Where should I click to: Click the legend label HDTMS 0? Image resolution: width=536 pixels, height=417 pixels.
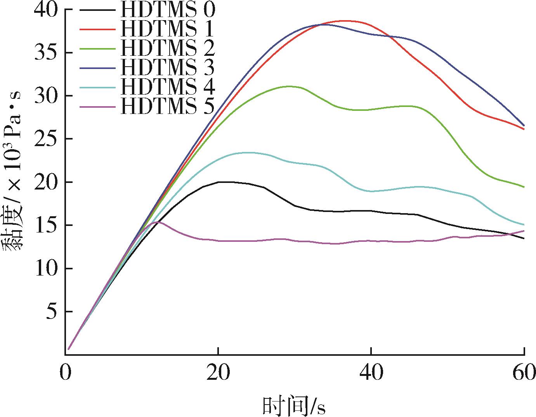coord(168,10)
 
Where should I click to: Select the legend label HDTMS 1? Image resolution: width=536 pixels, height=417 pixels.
coord(167,29)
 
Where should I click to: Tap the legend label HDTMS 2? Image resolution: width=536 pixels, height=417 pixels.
coord(168,48)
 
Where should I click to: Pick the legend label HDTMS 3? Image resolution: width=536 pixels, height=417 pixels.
coord(168,68)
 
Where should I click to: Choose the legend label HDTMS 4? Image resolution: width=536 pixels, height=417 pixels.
coord(168,87)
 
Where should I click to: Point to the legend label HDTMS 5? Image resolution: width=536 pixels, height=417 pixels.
coord(168,107)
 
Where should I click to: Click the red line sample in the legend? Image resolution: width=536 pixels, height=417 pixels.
coord(97,29)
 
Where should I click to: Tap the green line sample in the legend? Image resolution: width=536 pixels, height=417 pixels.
coord(97,49)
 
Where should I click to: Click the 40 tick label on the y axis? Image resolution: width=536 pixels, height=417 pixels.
coord(46,10)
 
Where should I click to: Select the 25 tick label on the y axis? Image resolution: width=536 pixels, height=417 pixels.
coord(46,139)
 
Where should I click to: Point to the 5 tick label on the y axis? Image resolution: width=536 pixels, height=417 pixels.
coord(52,312)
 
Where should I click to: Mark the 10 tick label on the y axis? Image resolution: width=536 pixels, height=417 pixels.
coord(46,269)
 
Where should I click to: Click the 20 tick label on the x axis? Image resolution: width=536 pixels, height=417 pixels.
coord(218,372)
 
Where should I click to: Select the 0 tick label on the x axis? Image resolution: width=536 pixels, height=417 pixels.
coord(65,372)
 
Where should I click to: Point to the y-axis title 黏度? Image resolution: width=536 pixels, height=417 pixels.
coord(12,229)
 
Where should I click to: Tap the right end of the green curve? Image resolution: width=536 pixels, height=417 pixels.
coord(524,187)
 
